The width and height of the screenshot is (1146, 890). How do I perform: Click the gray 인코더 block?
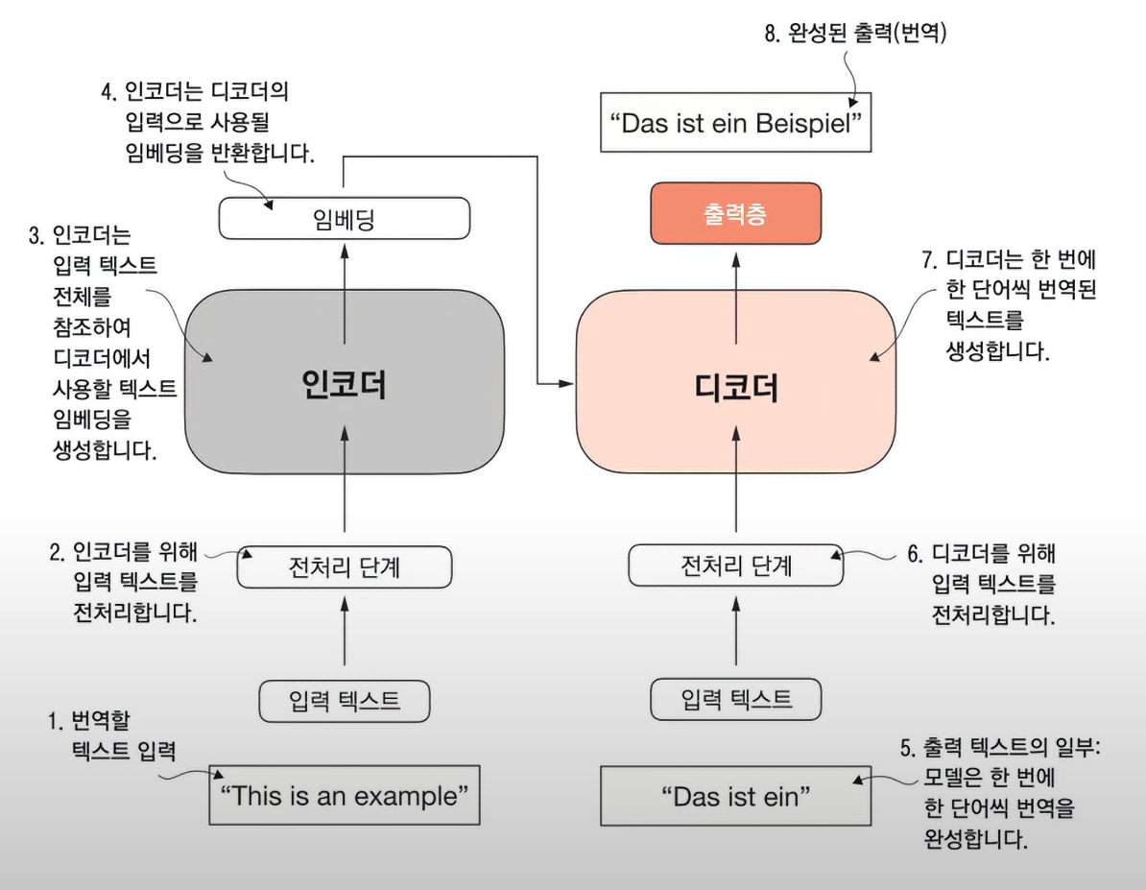[344, 384]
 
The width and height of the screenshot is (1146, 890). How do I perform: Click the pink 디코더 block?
[735, 384]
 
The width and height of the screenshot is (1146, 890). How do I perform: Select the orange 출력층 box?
[736, 213]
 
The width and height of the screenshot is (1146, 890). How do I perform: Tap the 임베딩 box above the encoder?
[344, 218]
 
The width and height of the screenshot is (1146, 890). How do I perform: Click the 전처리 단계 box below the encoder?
[344, 567]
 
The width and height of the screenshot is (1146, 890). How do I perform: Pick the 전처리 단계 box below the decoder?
[736, 566]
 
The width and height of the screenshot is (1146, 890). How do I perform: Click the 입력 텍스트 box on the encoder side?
[344, 701]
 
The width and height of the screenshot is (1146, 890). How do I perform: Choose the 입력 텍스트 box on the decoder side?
[736, 699]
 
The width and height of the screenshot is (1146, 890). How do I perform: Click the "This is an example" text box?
[344, 795]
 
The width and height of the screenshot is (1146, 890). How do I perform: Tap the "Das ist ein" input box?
[736, 796]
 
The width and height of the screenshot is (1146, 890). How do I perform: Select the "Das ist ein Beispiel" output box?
[736, 122]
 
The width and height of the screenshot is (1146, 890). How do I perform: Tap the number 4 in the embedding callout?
[107, 95]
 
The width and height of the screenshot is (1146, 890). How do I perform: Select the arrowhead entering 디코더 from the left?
[567, 384]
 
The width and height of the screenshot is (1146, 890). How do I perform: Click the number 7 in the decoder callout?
[926, 260]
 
